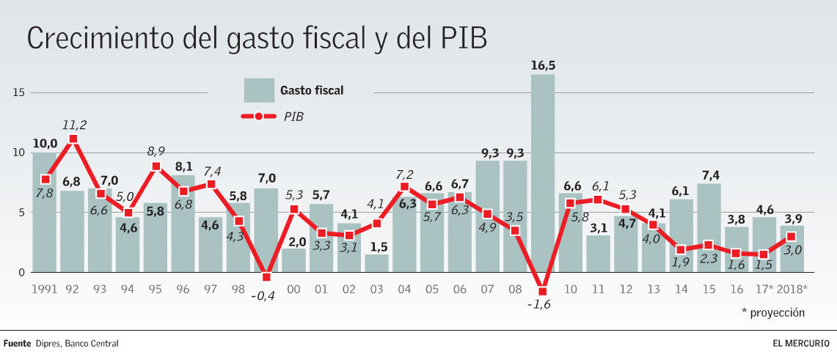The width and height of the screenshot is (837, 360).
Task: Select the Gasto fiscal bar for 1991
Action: [x=44, y=213]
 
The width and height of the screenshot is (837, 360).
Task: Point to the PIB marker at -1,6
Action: [x=543, y=291]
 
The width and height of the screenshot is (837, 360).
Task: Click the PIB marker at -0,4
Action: [x=266, y=276]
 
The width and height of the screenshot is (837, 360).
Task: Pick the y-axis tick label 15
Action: [x=18, y=92]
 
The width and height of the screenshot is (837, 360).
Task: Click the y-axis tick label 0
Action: [x=21, y=273]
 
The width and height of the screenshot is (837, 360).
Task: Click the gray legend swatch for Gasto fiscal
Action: [x=259, y=91]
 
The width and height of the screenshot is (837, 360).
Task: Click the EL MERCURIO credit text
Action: [x=800, y=343]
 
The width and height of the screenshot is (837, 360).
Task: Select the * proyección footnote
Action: [x=772, y=312]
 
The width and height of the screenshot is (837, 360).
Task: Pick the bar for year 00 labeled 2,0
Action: [x=294, y=261]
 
